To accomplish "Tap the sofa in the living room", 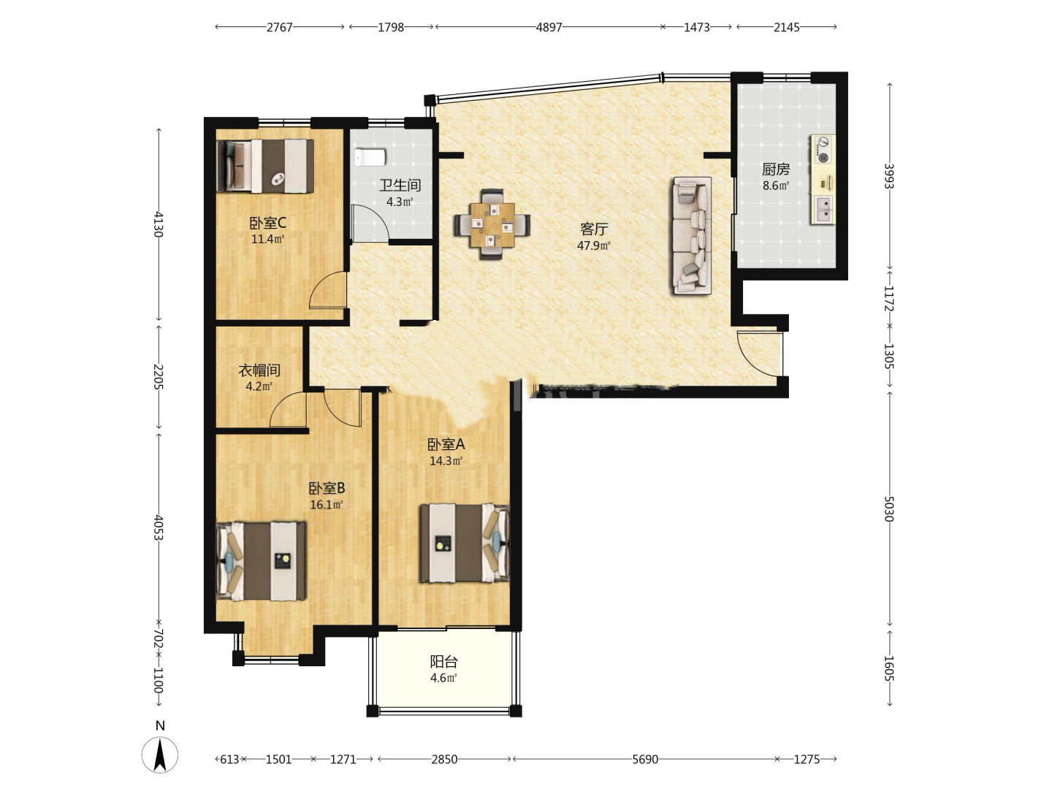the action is [x=692, y=235].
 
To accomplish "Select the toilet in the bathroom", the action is [x=370, y=156].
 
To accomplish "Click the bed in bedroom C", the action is [x=265, y=166].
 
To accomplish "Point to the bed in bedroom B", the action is [x=262, y=561].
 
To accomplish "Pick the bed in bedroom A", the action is [x=465, y=543].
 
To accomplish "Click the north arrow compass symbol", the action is [x=160, y=754].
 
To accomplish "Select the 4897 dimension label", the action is [x=549, y=27].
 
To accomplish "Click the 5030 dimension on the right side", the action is [x=889, y=508].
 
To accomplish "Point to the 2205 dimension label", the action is [x=159, y=377].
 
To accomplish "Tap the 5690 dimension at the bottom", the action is [x=644, y=759].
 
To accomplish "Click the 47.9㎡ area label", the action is [x=594, y=245].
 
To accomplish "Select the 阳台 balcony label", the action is [x=443, y=662].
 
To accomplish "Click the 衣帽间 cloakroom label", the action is [x=259, y=370].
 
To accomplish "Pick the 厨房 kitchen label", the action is [x=776, y=169].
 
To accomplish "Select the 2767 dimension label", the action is [x=279, y=27].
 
